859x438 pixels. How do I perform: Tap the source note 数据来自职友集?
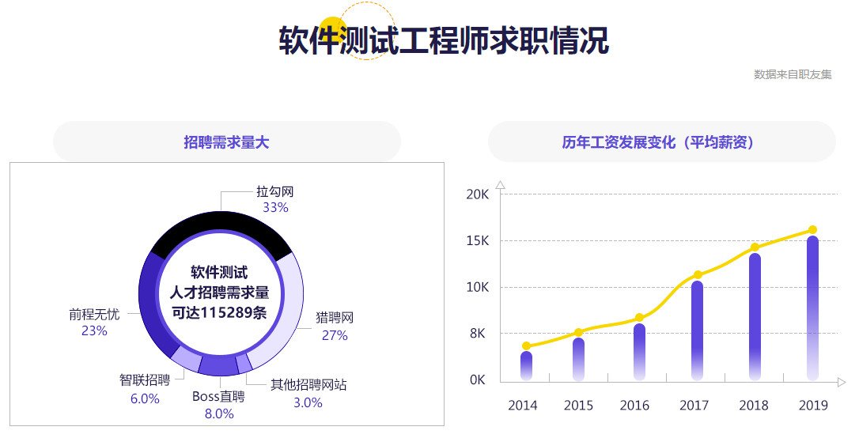pos(793,74)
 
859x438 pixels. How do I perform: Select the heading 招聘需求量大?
pos(226,142)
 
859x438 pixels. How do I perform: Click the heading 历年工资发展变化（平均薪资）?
pos(661,142)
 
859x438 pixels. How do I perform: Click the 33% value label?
pos(275,208)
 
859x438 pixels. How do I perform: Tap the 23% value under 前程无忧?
pos(94,331)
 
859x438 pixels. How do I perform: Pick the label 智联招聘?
pos(145,380)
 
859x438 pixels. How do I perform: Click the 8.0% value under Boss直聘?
pos(219,413)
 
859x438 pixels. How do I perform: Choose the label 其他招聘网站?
pos(308,385)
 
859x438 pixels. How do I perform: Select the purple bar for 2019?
pos(812,308)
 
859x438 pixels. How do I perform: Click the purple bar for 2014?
pos(526,364)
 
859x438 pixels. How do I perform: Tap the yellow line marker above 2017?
pos(698,275)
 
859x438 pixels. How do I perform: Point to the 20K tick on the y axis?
pos(477,194)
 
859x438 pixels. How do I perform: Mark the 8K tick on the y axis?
pos(477,334)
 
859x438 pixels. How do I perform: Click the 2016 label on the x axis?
pos(634,406)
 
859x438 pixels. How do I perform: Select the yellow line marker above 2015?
pos(578,333)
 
